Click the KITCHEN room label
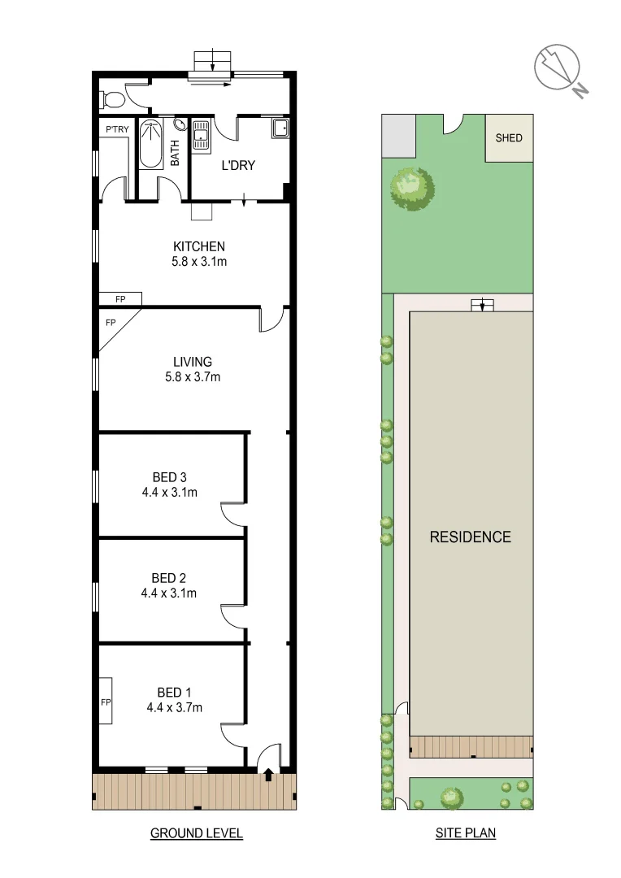198,246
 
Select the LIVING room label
193,362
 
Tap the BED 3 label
171,477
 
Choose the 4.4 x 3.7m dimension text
174,707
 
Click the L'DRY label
238,166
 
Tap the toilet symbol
112,100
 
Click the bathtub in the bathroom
150,144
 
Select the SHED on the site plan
509,137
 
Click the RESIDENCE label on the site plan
471,537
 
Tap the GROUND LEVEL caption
197,833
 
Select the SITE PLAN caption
465,833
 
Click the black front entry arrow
268,776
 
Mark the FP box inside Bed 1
106,701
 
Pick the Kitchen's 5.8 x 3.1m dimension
198,262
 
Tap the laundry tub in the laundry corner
280,128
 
